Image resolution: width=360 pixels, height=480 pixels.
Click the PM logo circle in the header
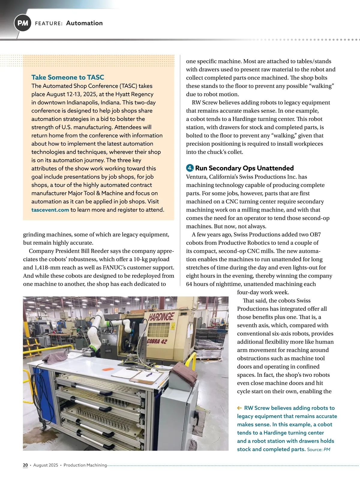coord(23,23)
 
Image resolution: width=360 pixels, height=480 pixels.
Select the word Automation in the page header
coord(84,23)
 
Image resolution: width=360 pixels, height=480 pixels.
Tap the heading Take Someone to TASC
coord(67,77)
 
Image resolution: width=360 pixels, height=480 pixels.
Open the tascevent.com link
coord(50,210)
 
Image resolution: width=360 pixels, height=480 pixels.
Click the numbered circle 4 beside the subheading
coord(190,168)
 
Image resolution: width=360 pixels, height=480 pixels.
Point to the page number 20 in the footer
coord(25,465)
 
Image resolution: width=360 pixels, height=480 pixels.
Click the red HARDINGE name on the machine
coord(161,316)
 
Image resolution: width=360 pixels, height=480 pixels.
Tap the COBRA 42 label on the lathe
coord(157,341)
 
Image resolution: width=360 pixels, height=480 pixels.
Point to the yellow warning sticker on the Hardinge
coord(172,327)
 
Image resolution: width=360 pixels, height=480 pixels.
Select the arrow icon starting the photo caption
coord(239,408)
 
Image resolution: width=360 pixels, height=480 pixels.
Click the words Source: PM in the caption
coord(319,449)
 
